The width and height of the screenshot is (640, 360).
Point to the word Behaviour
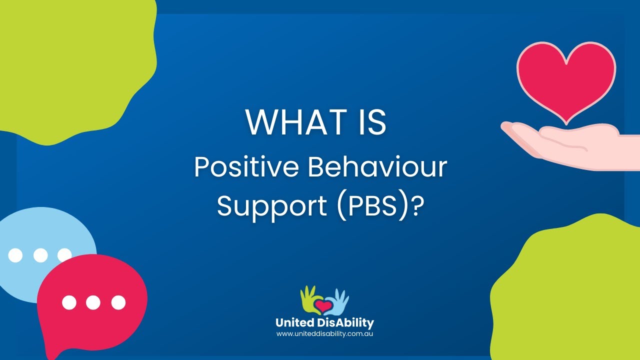377,167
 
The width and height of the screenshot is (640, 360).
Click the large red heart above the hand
566,77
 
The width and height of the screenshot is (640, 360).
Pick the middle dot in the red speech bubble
93,302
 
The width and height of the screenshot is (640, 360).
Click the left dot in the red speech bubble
69,302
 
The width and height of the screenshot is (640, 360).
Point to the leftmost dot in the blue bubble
15,255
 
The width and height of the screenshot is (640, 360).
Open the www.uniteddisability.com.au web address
324,333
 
